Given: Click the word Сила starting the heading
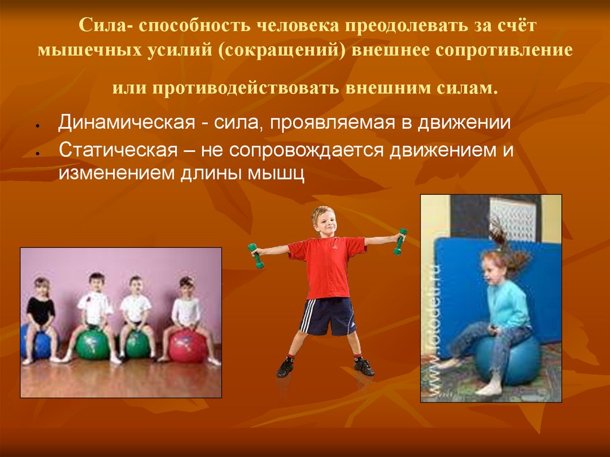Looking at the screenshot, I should click(x=100, y=29).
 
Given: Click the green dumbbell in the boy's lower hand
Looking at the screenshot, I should click(x=256, y=255).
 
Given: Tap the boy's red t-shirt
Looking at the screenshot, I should click(x=327, y=266).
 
